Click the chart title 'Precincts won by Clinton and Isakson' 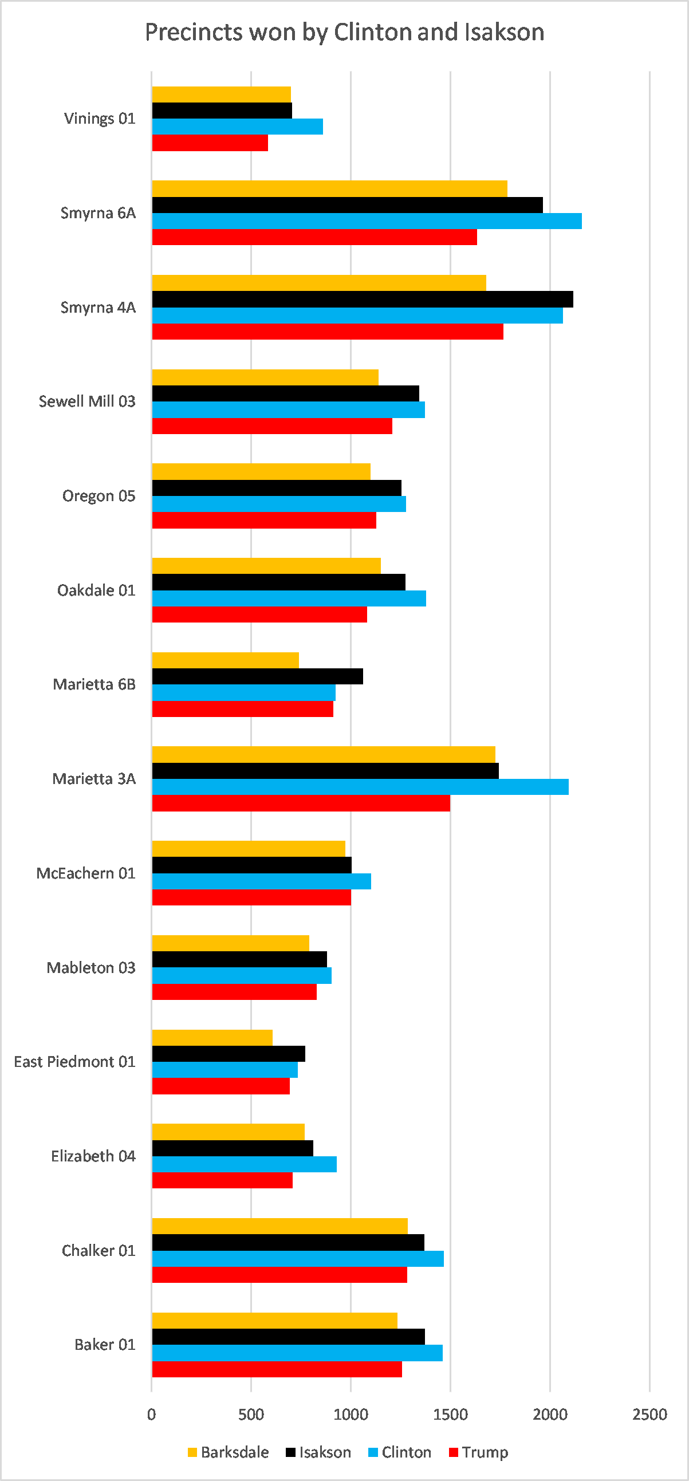pyautogui.click(x=345, y=32)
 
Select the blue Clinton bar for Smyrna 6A pyautogui.click(x=367, y=221)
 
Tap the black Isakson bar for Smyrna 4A pyautogui.click(x=363, y=300)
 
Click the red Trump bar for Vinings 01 pyautogui.click(x=210, y=143)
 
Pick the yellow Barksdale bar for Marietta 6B pyautogui.click(x=226, y=660)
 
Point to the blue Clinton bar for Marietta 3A pyautogui.click(x=361, y=787)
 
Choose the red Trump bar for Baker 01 pyautogui.click(x=277, y=1369)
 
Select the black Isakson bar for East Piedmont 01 pyautogui.click(x=229, y=1054)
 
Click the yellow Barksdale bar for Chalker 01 pyautogui.click(x=280, y=1226)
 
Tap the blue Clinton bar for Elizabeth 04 pyautogui.click(x=245, y=1164)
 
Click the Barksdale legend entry pyautogui.click(x=229, y=1452)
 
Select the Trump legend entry pyautogui.click(x=478, y=1452)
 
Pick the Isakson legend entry pyautogui.click(x=318, y=1452)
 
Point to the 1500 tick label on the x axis pyautogui.click(x=450, y=1415)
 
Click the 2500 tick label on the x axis pyautogui.click(x=650, y=1415)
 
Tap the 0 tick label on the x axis pyautogui.click(x=151, y=1415)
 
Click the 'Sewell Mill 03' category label pyautogui.click(x=88, y=401)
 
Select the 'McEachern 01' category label pyautogui.click(x=86, y=873)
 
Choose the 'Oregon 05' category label pyautogui.click(x=99, y=496)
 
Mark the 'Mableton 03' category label pyautogui.click(x=92, y=968)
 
